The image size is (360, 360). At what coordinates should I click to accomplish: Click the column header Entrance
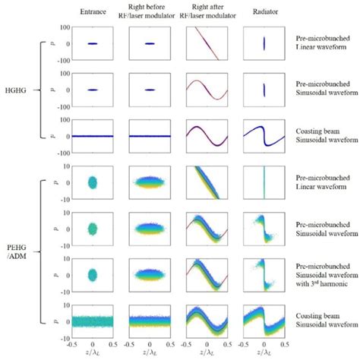click(92, 11)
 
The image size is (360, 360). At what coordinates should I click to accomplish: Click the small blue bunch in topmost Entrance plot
click(92, 44)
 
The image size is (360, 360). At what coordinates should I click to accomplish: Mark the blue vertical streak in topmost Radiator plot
click(264, 44)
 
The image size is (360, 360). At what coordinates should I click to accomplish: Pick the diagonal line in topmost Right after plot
click(206, 44)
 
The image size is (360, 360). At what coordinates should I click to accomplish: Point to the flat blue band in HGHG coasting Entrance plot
click(92, 137)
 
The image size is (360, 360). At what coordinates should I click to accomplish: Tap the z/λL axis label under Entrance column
click(92, 354)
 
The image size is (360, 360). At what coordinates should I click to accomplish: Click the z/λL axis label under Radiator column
click(264, 354)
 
